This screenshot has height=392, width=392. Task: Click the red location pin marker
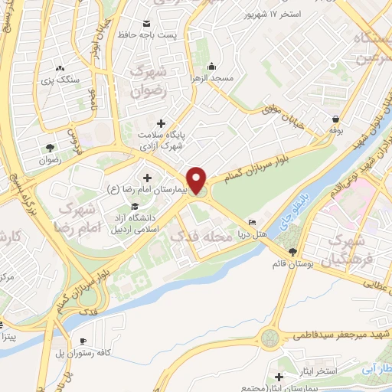point(198,179)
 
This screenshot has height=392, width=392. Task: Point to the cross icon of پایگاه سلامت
point(160,122)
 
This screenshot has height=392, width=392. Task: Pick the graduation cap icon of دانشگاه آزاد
point(135,206)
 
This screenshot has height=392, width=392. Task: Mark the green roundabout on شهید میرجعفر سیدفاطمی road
point(270,337)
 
